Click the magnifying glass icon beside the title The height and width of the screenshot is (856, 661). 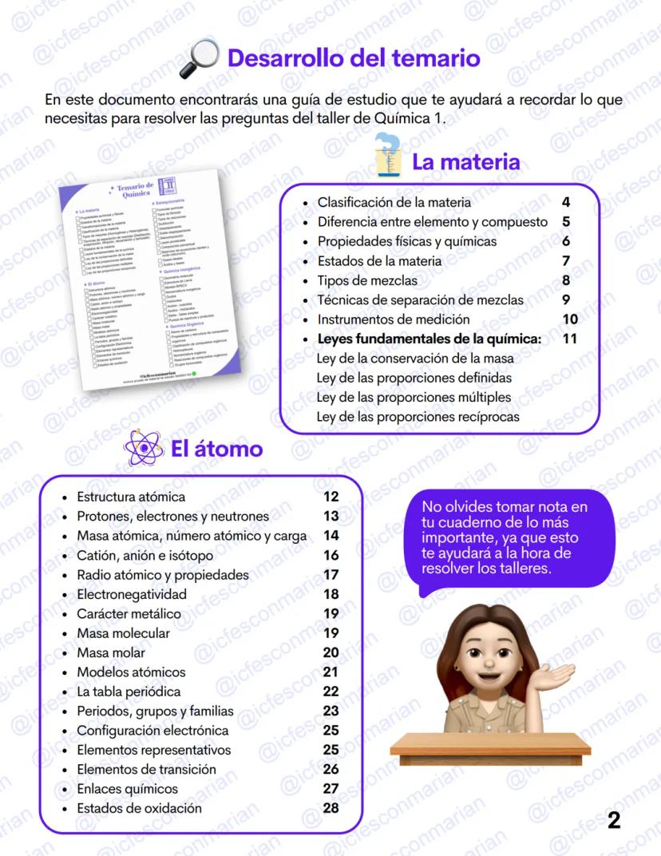point(200,59)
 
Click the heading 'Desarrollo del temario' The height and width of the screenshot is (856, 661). point(354,58)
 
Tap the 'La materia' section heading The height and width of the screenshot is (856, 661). point(465,162)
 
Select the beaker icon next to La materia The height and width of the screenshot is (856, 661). point(389,156)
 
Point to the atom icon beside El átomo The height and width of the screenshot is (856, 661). point(144,449)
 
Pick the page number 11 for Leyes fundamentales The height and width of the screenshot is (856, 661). point(569,339)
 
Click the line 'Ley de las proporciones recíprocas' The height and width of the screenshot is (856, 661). point(418,416)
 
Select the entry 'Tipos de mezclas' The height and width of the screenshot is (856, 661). point(367,280)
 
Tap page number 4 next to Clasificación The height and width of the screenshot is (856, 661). point(566,202)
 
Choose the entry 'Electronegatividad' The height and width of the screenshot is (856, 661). point(132,594)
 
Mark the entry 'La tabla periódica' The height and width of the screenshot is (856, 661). point(129,692)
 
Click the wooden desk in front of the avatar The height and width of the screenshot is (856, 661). point(490,747)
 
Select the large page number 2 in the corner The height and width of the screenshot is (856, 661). point(614,820)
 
